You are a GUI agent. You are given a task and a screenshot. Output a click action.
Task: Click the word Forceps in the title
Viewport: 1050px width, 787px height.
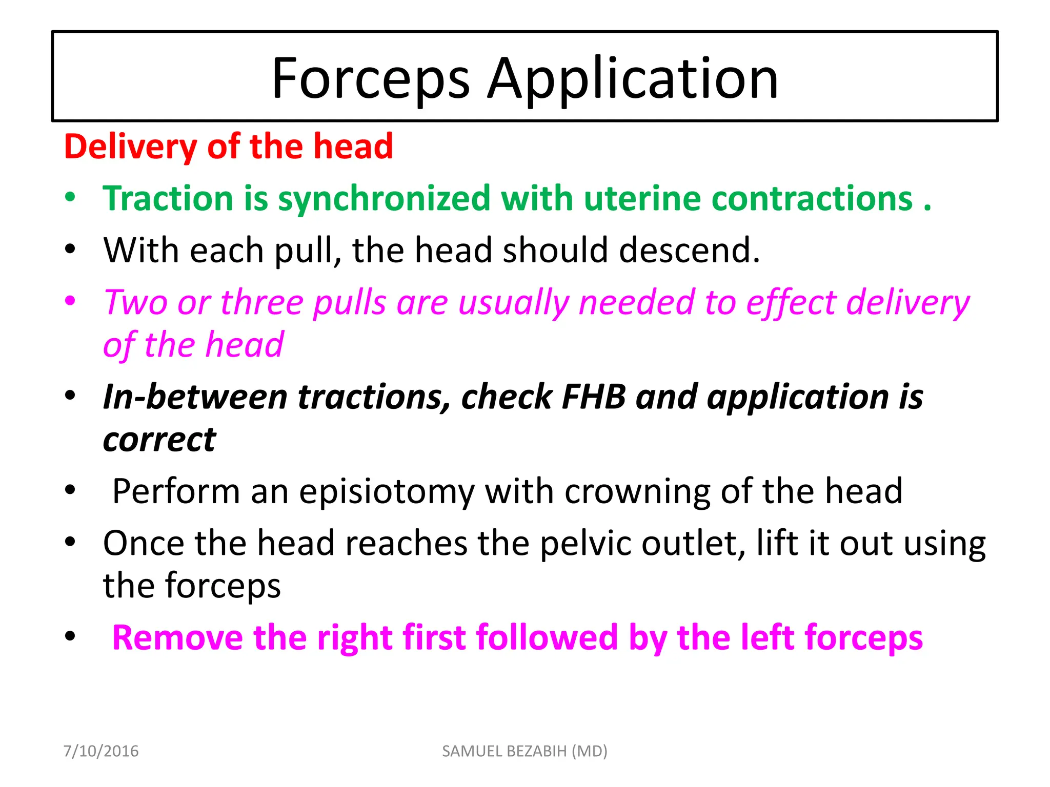[x=370, y=79]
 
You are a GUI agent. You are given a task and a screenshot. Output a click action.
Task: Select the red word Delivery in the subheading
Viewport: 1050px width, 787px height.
[x=130, y=147]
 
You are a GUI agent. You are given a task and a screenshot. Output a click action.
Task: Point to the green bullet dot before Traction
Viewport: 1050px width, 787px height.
[x=70, y=197]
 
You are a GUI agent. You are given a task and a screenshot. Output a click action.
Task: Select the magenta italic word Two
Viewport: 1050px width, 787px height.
[x=134, y=302]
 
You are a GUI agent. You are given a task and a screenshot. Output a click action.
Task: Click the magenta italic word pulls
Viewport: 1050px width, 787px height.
[x=349, y=302]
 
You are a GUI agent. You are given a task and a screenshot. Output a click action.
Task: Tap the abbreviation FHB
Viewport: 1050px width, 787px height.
[x=594, y=397]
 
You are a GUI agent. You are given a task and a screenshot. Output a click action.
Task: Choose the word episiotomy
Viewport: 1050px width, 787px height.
[x=387, y=492]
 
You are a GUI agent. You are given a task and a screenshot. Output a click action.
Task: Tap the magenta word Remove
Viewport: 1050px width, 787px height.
[x=177, y=638]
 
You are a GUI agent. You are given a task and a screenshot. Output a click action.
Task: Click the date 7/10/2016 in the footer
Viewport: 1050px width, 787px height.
[x=101, y=751]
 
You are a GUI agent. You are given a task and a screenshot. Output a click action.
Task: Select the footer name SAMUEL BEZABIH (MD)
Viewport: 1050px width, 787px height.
[x=524, y=751]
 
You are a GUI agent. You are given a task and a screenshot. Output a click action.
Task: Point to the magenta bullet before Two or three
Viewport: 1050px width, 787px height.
[x=70, y=301]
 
